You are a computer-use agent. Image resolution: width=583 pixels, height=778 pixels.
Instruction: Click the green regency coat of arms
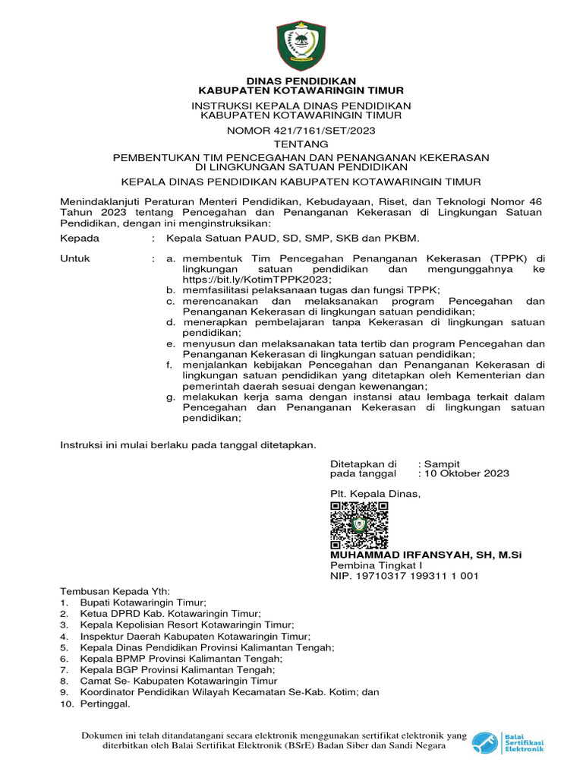coord(301,46)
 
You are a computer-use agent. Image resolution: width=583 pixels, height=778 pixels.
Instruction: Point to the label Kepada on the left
coord(79,239)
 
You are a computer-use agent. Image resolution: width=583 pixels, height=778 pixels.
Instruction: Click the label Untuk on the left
coord(75,258)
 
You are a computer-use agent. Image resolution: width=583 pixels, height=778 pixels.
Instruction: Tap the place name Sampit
coord(442,463)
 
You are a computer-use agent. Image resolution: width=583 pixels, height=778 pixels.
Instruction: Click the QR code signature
coord(359,525)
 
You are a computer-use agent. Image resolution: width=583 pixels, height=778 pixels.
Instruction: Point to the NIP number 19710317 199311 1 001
coord(404,577)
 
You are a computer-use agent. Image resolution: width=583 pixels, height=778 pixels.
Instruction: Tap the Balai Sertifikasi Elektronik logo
coord(508,742)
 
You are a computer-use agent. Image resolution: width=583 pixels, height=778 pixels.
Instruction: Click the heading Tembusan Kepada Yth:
coord(116,592)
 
